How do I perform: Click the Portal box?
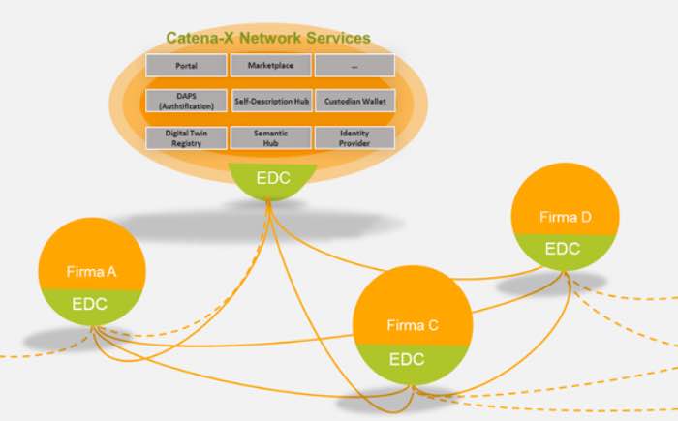coord(186,65)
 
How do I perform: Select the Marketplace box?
coord(270,65)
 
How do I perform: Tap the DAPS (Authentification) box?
coord(186,102)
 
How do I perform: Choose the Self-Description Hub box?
coord(271,102)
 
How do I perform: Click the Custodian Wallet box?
coord(355,102)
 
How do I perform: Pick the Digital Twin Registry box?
coord(186,137)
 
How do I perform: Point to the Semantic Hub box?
coord(270,137)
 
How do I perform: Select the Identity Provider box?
coord(354,137)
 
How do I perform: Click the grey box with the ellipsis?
coord(354,65)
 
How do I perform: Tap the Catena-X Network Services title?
coord(268,38)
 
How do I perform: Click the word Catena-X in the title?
coord(200,38)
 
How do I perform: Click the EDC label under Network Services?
coord(273,178)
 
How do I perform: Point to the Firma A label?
coord(91,271)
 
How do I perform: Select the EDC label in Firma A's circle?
coord(89,304)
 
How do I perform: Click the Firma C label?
coord(413,325)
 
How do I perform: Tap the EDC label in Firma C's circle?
coord(407,359)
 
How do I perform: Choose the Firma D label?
coord(566,217)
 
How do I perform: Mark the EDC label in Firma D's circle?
coord(563,249)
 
